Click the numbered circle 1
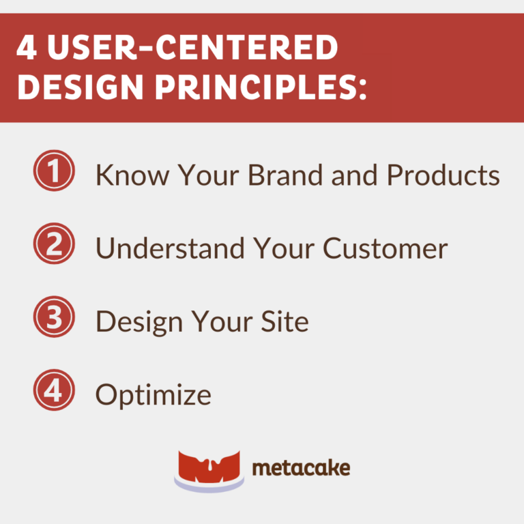coord(53,173)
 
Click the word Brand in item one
coord(287,175)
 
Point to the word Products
coord(443,175)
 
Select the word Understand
coord(170,248)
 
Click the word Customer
coord(385,248)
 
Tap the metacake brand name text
coord(301,468)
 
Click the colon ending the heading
coord(361,87)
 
